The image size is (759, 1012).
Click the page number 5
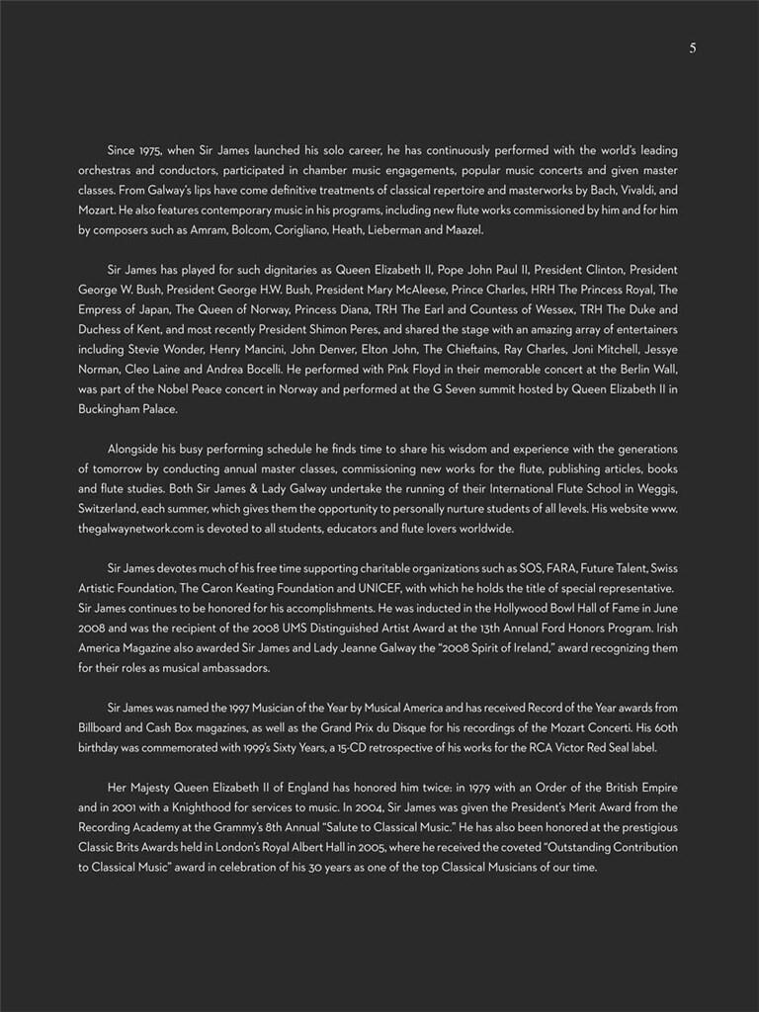[x=693, y=47]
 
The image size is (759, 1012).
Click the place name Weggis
[x=654, y=488]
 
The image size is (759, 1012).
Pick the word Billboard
[x=102, y=727]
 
